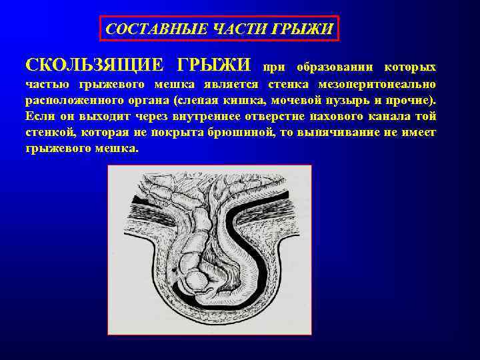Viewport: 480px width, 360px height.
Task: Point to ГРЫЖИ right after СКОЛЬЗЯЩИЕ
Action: [x=214, y=65]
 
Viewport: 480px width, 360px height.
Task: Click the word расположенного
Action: [x=71, y=101]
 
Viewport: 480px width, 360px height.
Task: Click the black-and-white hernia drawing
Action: [x=209, y=250]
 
